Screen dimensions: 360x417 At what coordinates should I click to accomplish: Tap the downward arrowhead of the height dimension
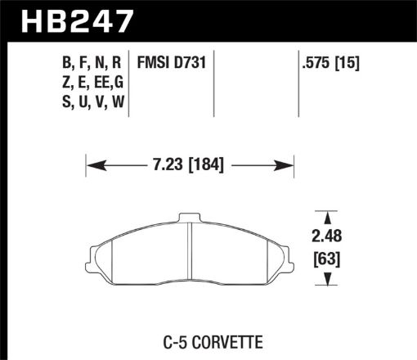[x=328, y=281]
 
